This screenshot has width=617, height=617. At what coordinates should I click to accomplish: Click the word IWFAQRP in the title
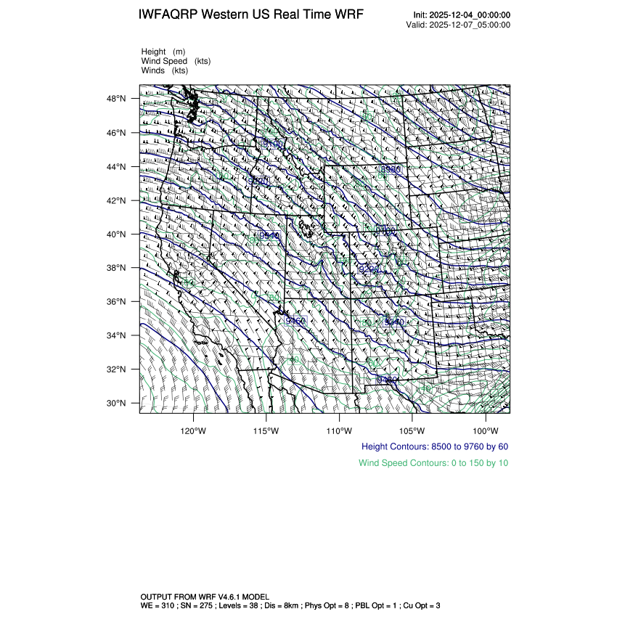pyautogui.click(x=169, y=15)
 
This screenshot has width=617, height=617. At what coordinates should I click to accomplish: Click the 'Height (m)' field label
pyautogui.click(x=163, y=52)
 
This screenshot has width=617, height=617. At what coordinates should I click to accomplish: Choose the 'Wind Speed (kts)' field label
pyautogui.click(x=176, y=61)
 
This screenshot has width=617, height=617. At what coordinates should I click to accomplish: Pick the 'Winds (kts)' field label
pyautogui.click(x=165, y=70)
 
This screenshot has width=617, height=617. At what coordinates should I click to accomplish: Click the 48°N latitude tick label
pyautogui.click(x=118, y=99)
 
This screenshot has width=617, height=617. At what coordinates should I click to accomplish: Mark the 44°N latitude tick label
pyautogui.click(x=118, y=167)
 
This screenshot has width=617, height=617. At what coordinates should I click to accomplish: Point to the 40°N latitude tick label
pyautogui.click(x=118, y=234)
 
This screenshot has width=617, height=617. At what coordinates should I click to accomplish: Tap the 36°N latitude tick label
pyautogui.click(x=118, y=302)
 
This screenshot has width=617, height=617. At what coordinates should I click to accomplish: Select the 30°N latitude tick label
pyautogui.click(x=118, y=404)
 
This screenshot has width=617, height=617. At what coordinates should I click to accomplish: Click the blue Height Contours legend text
pyautogui.click(x=434, y=446)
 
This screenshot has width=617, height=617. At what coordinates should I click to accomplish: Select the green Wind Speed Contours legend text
pyautogui.click(x=433, y=462)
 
